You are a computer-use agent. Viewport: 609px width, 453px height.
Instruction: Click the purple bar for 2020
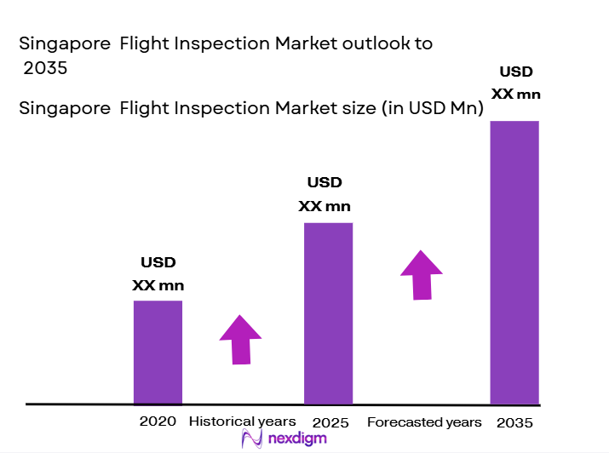click(158, 352)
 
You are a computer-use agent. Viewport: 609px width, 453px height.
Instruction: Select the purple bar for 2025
click(328, 313)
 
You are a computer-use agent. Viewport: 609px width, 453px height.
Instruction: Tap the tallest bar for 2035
click(514, 261)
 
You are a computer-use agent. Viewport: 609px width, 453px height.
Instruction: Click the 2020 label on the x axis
click(158, 421)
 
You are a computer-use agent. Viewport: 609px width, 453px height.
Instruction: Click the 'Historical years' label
click(242, 421)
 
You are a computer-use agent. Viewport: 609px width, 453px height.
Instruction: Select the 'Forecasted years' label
click(424, 422)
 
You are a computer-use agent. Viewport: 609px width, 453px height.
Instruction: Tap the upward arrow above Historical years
click(240, 339)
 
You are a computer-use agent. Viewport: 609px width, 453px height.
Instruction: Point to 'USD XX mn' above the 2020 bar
click(158, 274)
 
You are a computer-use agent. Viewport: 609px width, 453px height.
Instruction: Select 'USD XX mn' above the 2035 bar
click(516, 83)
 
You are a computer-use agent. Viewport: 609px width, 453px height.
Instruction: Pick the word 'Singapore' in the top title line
click(64, 44)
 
